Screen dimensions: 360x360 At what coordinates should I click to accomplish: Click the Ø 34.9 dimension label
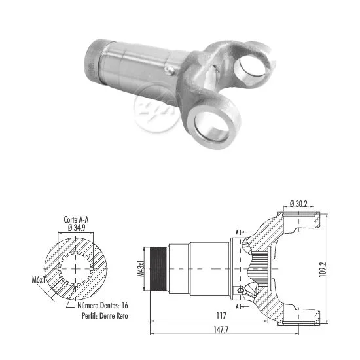[x=77, y=228]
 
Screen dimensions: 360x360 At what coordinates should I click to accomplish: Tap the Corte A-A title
[x=76, y=219]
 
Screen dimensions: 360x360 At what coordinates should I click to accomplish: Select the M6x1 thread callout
[x=39, y=279]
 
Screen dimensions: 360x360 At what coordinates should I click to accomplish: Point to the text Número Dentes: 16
[x=103, y=306]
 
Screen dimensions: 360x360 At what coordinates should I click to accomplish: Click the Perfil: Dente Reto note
[x=105, y=316]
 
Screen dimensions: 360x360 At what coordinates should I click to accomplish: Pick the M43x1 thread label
[x=141, y=268]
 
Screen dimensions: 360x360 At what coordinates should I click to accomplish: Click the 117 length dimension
[x=221, y=315]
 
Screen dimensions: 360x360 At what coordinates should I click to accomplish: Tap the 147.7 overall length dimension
[x=221, y=330]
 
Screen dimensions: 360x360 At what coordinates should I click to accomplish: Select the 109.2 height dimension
[x=323, y=269]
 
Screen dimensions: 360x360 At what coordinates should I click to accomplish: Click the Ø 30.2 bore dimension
[x=298, y=204]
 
